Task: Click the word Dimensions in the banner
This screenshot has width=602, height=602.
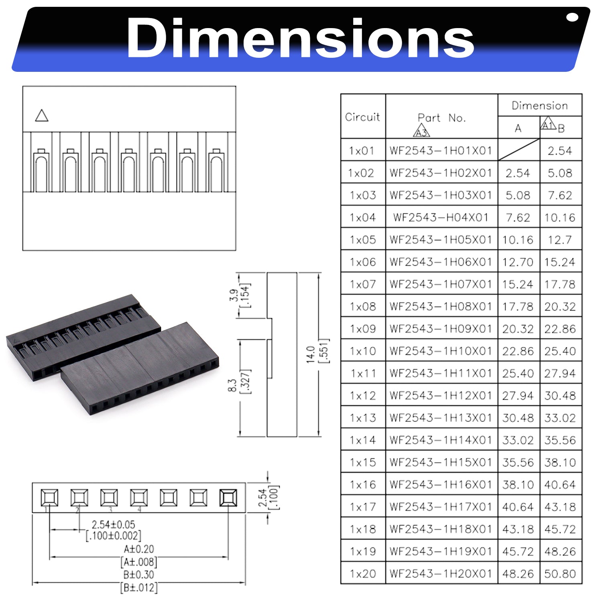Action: click(x=300, y=38)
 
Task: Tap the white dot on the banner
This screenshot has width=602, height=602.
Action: click(x=572, y=17)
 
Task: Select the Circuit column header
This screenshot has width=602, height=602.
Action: click(x=362, y=117)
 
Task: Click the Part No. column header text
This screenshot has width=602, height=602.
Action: click(x=441, y=118)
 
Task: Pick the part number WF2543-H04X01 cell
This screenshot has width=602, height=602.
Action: click(x=441, y=217)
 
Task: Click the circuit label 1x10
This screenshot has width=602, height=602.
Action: click(x=363, y=351)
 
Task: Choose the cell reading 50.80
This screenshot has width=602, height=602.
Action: click(x=560, y=574)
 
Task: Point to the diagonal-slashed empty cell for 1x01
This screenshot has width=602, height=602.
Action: click(x=519, y=150)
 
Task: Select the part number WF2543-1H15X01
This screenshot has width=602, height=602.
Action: click(x=441, y=462)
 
